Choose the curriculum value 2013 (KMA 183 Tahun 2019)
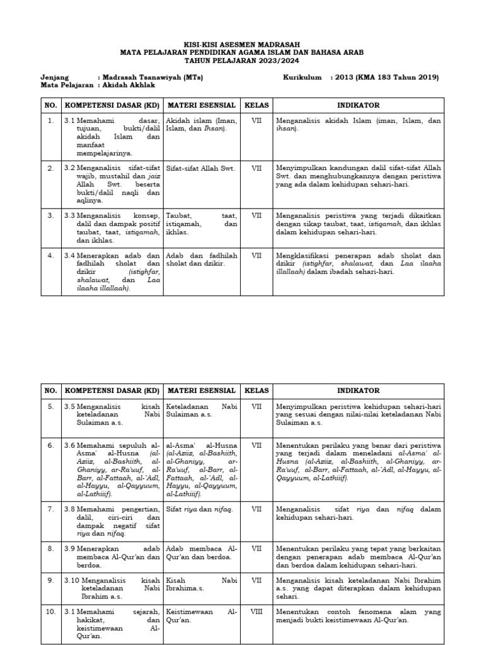(x=388, y=77)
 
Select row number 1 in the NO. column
(x=50, y=120)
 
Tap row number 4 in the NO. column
(x=50, y=256)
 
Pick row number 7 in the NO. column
(x=50, y=508)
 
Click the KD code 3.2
(x=70, y=168)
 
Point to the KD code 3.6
(x=70, y=445)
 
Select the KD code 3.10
(x=72, y=579)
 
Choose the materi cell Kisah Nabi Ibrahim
(x=200, y=584)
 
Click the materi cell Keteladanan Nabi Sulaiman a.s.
(x=200, y=411)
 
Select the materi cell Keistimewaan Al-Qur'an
(x=200, y=616)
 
